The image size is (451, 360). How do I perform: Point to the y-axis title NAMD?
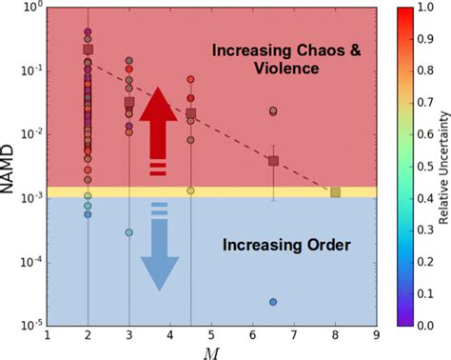10,166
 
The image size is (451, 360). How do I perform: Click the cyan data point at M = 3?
129,232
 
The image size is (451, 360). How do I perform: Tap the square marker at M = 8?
335,192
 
